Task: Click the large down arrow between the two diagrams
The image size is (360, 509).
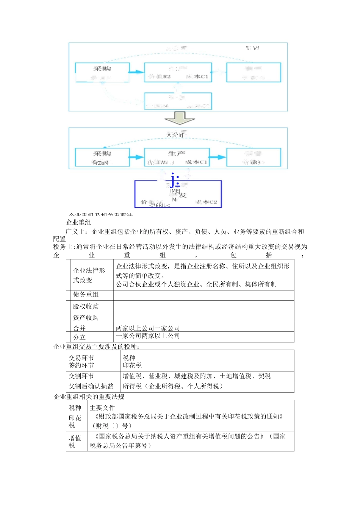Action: tap(180, 118)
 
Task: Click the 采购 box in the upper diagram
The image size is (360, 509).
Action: tap(102, 72)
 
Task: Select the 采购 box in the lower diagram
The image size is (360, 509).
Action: tap(102, 157)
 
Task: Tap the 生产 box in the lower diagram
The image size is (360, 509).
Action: tap(177, 157)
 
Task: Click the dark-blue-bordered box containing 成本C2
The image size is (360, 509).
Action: tap(178, 194)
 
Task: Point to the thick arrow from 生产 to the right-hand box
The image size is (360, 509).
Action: tap(218, 157)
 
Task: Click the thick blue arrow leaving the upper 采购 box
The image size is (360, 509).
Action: tap(136, 72)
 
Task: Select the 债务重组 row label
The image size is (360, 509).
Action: tap(86, 295)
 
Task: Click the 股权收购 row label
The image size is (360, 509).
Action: tap(86, 306)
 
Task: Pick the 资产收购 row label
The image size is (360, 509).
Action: tap(86, 317)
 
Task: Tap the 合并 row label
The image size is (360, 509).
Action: tap(80, 328)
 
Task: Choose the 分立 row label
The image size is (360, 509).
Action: tap(80, 337)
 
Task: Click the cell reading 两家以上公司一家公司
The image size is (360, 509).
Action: tap(148, 328)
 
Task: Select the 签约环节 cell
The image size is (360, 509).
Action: tap(81, 365)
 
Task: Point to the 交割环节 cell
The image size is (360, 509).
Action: tap(81, 376)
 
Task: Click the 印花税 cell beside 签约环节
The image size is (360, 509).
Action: tap(132, 365)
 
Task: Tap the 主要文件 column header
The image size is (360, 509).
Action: tap(102, 408)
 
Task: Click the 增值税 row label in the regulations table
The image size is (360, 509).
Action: tap(75, 442)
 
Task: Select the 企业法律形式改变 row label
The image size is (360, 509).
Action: tap(89, 275)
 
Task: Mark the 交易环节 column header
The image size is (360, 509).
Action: tap(81, 358)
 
